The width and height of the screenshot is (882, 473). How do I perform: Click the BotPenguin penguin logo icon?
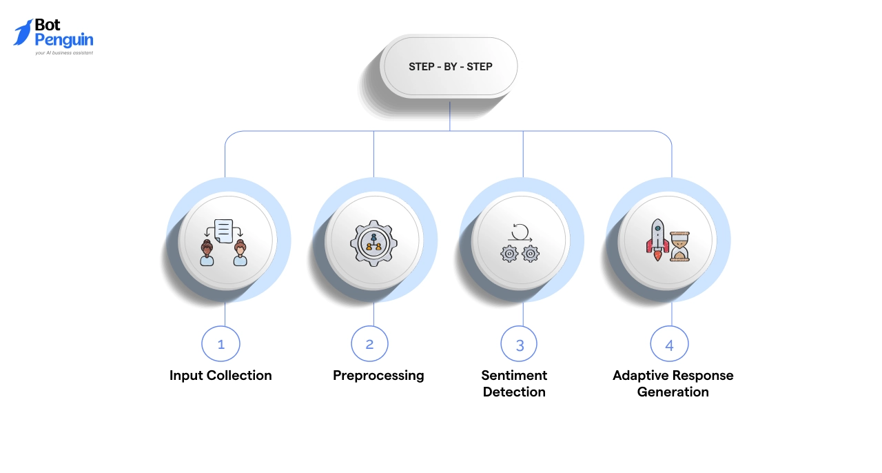click(23, 32)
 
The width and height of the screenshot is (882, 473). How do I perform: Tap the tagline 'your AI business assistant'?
click(64, 52)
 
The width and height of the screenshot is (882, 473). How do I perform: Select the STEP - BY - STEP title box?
click(450, 67)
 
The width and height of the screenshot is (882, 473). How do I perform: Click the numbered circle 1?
click(220, 343)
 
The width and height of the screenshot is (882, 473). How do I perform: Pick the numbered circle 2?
click(369, 343)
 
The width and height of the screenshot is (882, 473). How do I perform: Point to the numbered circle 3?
click(520, 343)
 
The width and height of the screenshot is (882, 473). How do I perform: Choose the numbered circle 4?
click(669, 343)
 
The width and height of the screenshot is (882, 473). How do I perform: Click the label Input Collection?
click(220, 376)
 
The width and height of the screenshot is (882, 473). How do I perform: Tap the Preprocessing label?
click(378, 376)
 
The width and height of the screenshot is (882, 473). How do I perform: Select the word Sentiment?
click(514, 376)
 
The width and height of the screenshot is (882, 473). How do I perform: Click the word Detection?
click(514, 392)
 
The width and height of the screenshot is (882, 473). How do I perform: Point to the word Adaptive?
click(641, 376)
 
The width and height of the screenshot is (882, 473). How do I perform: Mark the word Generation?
click(673, 392)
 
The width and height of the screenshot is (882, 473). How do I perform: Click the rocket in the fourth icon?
click(657, 239)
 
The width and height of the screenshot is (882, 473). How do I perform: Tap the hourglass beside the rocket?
click(680, 245)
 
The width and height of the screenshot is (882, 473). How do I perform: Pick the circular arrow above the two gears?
click(520, 230)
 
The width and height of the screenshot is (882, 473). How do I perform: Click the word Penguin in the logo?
click(64, 39)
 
